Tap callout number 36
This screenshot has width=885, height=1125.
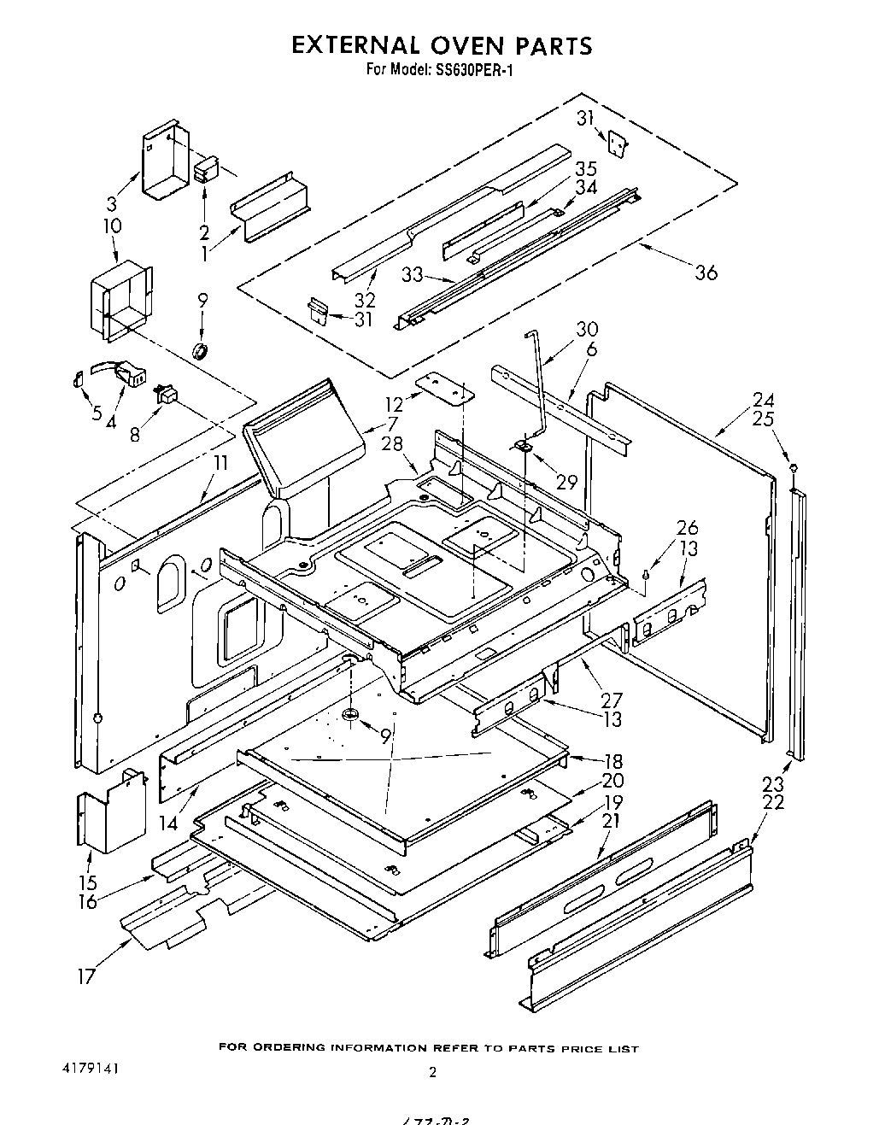706,272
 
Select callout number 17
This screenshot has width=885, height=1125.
87,976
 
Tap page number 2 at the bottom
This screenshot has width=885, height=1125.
433,1073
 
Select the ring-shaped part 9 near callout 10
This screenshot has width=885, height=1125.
202,349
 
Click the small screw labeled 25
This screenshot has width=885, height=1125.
794,467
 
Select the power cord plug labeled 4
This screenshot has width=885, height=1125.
130,373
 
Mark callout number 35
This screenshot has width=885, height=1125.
586,168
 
